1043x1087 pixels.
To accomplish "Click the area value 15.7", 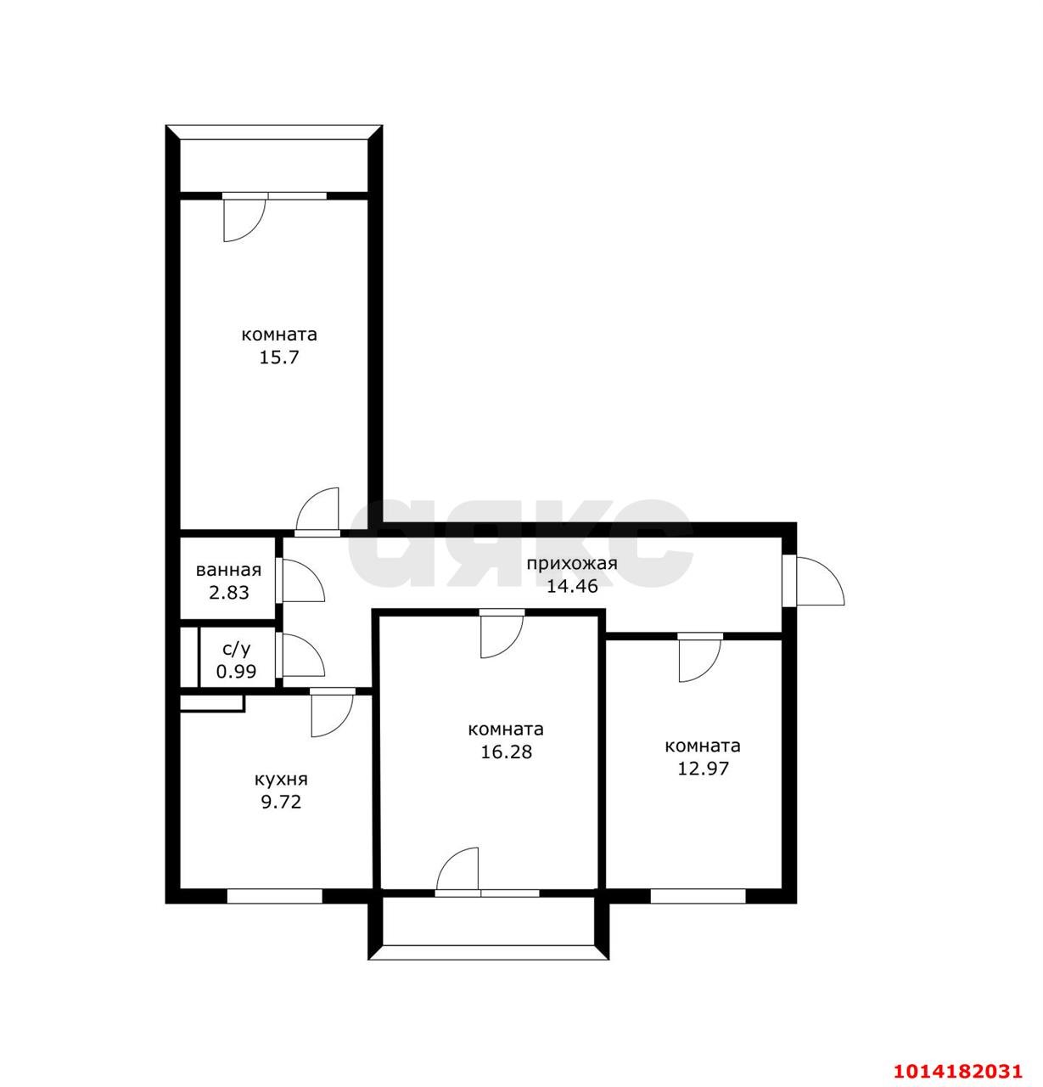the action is (x=278, y=358).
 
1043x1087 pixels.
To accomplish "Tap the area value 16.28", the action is (x=507, y=752).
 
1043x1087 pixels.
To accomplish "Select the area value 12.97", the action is (x=703, y=769).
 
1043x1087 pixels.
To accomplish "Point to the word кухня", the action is (x=281, y=780).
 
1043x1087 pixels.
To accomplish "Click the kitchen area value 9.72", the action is (x=281, y=803).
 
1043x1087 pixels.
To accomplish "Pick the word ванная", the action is (x=228, y=570).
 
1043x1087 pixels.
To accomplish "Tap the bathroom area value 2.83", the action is (x=229, y=593).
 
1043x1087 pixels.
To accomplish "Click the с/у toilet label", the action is (x=237, y=649).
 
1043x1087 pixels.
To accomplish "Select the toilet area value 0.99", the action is (x=236, y=672).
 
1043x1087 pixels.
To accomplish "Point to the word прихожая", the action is (x=572, y=563).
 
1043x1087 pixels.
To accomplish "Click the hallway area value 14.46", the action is (x=572, y=586).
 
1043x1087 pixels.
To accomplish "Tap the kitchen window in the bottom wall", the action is (x=275, y=896).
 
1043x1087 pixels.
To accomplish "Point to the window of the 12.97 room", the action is (x=698, y=896).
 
